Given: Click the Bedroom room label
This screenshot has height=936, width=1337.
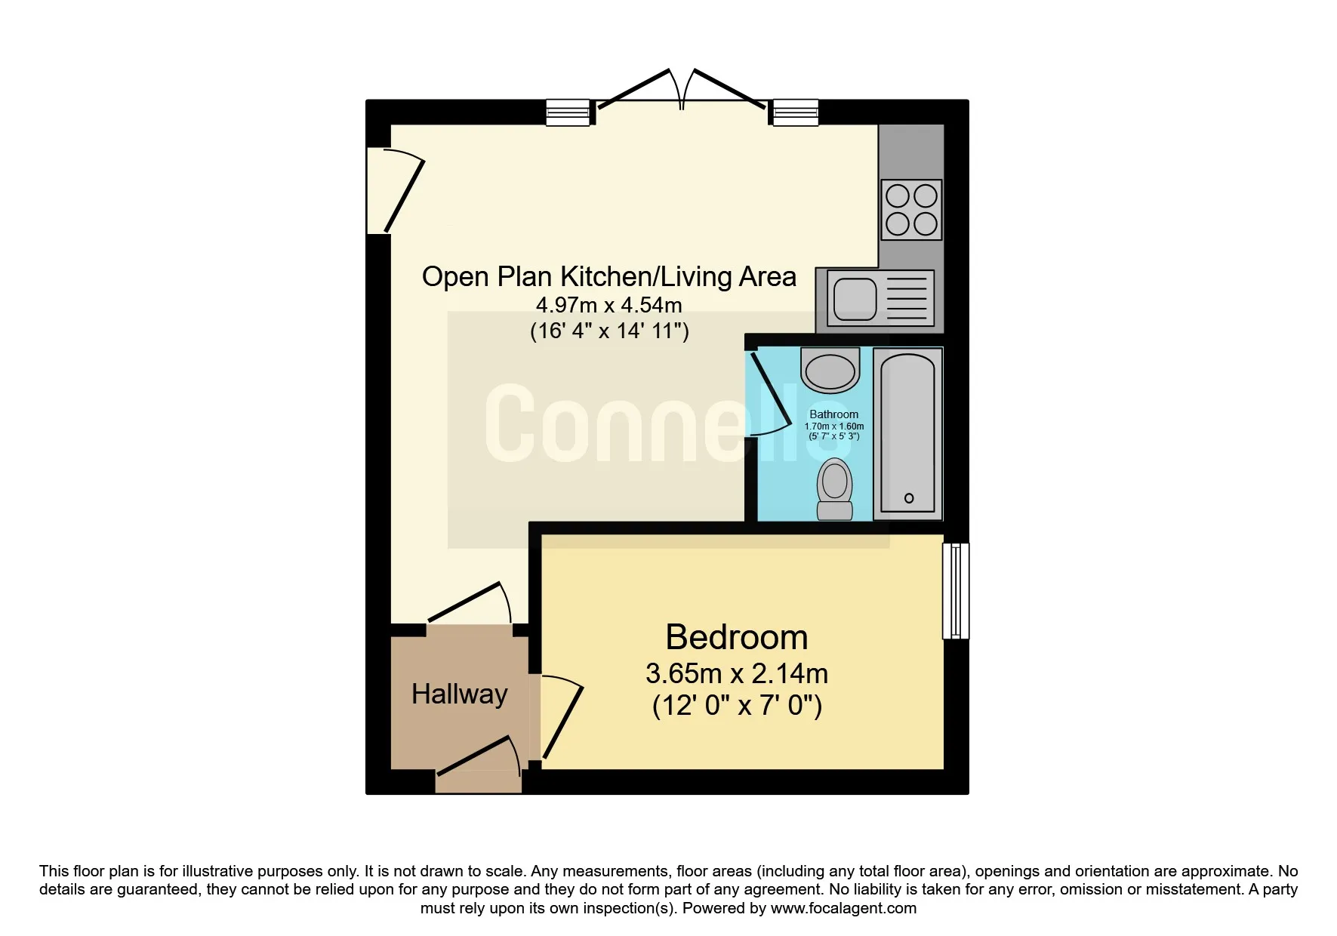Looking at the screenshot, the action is coord(737,638).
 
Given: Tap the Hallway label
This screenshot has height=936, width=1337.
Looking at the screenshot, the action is coord(460,694).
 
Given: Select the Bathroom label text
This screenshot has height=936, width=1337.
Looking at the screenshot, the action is coord(833,414).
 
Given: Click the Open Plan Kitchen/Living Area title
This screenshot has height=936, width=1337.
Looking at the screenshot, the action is coord(609,277).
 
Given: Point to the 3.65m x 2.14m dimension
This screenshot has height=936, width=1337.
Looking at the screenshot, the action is coord(737,673).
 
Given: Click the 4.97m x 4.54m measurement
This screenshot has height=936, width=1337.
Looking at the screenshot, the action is coord(609,306).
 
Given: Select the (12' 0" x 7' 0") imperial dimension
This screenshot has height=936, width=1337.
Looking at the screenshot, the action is coord(737,707).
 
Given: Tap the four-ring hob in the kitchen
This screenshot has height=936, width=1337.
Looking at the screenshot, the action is coord(911,210).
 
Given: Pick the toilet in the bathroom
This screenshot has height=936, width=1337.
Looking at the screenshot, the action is coord(835,489).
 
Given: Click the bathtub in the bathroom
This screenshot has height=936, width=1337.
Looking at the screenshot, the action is coord(908,433).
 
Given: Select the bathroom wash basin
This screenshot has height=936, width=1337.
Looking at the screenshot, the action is coord(830,370).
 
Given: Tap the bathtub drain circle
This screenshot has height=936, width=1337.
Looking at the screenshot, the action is coord(909,498).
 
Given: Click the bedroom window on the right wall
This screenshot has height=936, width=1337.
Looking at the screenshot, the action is coord(956,591).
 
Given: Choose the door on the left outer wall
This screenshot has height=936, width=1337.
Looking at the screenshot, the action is coord(395,191).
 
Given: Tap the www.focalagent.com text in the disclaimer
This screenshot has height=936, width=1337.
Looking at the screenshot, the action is coord(843,908).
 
